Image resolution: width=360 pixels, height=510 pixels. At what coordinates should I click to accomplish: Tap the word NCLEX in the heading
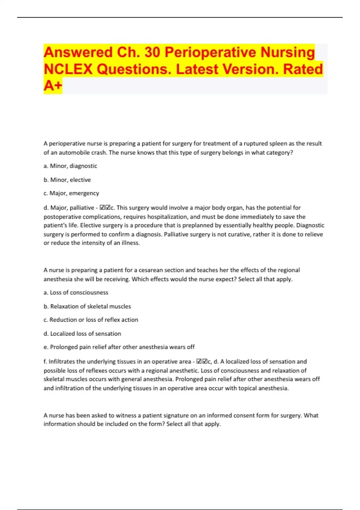(x=68, y=69)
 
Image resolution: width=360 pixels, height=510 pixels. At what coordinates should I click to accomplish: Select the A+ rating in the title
(x=53, y=86)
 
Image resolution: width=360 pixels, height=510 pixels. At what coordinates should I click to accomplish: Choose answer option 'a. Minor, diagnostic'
(x=70, y=166)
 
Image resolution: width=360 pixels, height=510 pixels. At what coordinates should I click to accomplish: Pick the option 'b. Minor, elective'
(x=67, y=180)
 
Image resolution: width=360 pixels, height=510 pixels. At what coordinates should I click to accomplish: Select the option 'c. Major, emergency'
(x=71, y=193)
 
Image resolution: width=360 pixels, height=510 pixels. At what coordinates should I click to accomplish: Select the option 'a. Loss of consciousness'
(x=76, y=292)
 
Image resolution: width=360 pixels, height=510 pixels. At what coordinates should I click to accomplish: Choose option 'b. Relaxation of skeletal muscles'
(x=87, y=306)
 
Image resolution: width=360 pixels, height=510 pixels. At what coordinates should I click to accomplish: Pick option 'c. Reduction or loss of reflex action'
(x=91, y=320)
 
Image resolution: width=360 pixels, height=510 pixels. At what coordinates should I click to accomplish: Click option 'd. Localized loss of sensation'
(x=82, y=334)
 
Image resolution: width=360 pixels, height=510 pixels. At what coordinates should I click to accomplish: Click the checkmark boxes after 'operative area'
(x=202, y=361)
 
